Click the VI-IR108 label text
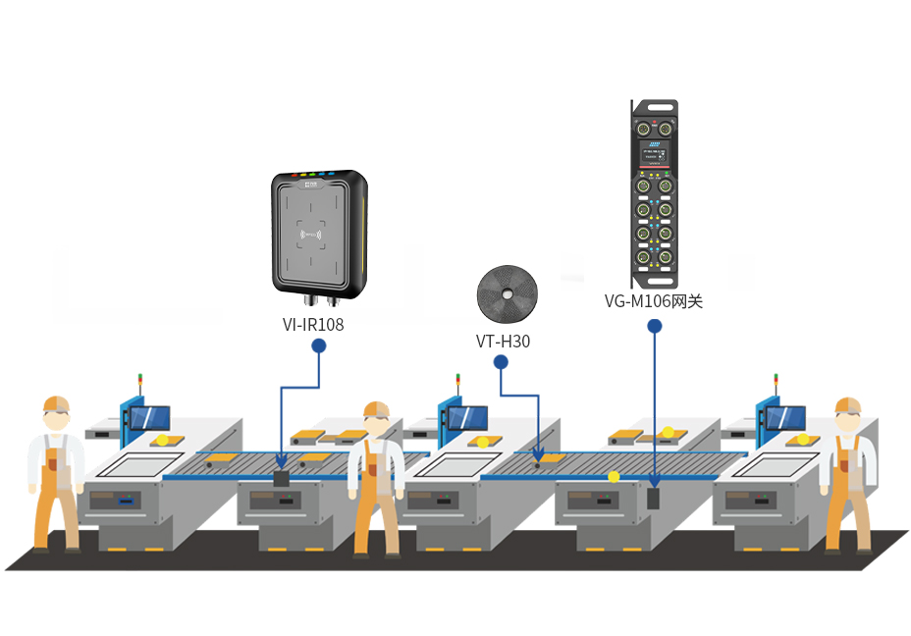(313, 324)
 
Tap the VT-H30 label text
(504, 341)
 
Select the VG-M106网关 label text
(654, 301)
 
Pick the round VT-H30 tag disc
(508, 293)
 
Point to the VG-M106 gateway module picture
(655, 194)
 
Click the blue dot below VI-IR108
(318, 346)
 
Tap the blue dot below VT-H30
(501, 362)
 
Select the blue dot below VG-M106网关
(655, 327)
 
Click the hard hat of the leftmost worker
(56, 403)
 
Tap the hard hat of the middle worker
(377, 409)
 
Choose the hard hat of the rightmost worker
(848, 405)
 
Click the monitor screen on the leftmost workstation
(150, 418)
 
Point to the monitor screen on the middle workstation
(467, 418)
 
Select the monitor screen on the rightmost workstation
(785, 418)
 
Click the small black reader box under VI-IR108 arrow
(281, 479)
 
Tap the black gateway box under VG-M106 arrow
(654, 499)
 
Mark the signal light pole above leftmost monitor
(140, 386)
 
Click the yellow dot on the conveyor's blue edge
(614, 477)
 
